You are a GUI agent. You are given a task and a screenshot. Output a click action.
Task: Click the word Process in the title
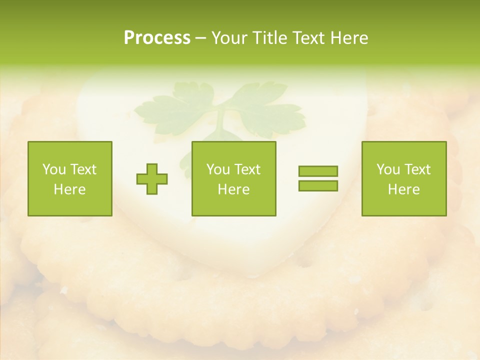[157, 38]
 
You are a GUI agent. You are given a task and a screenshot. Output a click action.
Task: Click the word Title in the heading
[269, 38]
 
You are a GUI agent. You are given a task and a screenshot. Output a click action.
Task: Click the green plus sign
[152, 179]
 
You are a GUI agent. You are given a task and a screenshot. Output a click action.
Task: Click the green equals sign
[318, 178]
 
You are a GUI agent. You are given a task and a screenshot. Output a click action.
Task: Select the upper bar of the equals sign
[318, 171]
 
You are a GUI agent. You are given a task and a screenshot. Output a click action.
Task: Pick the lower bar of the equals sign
[318, 185]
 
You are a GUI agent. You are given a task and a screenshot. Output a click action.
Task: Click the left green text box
[70, 178]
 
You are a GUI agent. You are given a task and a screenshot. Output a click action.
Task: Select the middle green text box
[234, 178]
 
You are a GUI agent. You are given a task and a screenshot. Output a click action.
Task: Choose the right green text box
[404, 178]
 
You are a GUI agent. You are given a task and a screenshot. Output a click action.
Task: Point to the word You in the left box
[54, 169]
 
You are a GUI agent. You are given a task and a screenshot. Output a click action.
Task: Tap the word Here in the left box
[70, 189]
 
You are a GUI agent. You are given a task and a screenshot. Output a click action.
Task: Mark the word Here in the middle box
[234, 189]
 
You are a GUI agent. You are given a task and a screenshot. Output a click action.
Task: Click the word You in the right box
[388, 169]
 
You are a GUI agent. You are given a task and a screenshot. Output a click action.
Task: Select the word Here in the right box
[404, 189]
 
